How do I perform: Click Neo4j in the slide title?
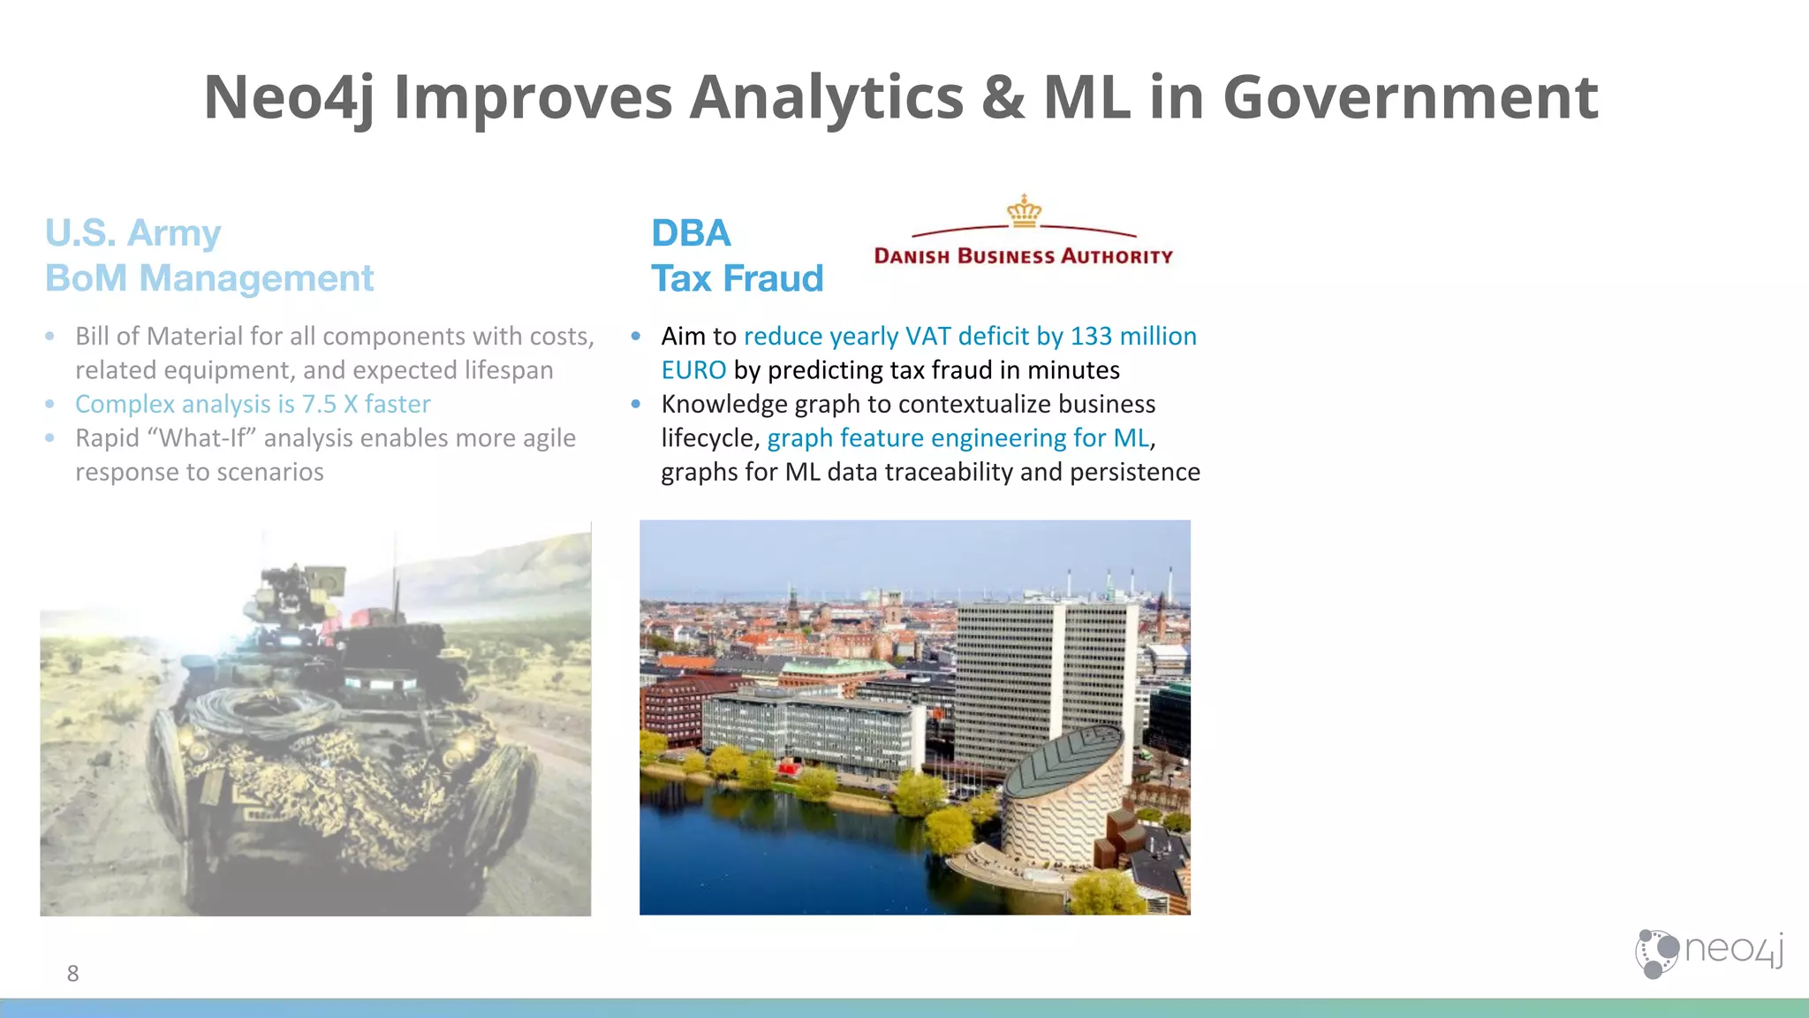290,97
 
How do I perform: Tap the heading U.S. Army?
132,233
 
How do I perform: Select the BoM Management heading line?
209,278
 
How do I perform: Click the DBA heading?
691,233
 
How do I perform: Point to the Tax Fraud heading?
738,278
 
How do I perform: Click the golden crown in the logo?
1024,212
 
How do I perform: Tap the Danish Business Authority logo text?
1023,256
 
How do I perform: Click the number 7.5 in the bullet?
319,404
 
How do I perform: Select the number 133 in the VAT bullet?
1091,336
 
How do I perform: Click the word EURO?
693,370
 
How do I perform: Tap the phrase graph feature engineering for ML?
958,438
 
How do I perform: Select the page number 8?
72,974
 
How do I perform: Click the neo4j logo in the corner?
1708,953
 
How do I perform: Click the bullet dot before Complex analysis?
50,404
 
